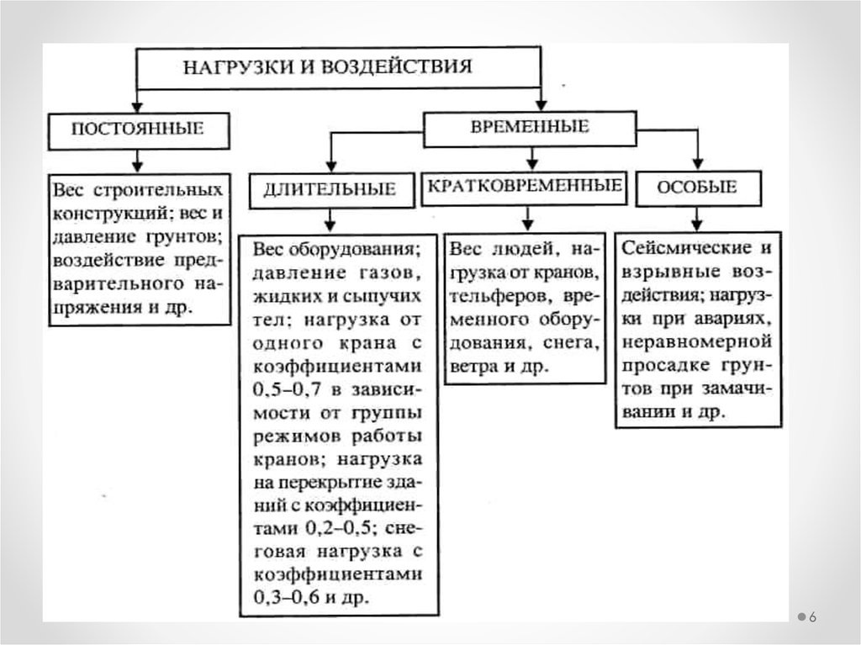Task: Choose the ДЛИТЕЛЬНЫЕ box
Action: (330, 189)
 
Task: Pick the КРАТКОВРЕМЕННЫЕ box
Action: (525, 186)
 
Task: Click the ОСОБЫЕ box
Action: (698, 188)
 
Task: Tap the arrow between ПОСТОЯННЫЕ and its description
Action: (136, 161)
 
